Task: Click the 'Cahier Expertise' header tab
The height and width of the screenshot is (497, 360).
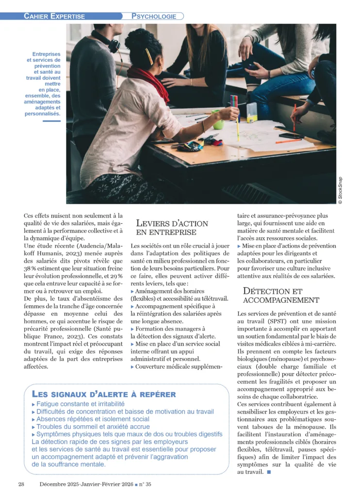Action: tap(54, 16)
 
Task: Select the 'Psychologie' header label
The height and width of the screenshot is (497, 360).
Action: tap(154, 16)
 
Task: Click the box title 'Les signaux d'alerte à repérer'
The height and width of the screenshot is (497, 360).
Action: tap(103, 394)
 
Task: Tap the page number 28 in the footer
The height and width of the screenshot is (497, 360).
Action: tap(21, 484)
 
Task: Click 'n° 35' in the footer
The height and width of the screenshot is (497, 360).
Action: tap(145, 484)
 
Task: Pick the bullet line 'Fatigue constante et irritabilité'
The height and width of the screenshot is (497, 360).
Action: tap(81, 404)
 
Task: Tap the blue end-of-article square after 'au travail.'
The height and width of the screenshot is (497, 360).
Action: tap(268, 471)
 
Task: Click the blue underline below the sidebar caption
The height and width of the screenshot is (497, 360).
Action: tap(51, 121)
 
